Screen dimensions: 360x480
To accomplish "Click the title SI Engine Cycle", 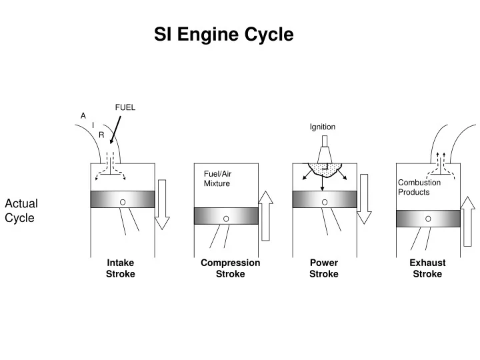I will (223, 34).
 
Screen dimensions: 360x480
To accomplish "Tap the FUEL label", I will (125, 107).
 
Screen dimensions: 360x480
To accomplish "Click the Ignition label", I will (323, 127).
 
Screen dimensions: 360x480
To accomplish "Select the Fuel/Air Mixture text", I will (218, 178).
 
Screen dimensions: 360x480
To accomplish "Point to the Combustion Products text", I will (419, 187).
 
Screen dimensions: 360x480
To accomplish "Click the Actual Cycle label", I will (21, 210).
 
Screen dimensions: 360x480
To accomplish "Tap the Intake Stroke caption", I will (121, 268).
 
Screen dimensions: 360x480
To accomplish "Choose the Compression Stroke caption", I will (230, 268).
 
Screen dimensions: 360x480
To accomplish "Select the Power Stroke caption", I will (324, 268).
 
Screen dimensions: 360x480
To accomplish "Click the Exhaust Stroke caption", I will (427, 268).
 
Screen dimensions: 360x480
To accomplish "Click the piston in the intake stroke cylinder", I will (123, 199).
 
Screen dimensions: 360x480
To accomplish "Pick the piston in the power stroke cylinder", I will (324, 199).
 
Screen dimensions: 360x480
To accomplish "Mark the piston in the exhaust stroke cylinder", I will (428, 218).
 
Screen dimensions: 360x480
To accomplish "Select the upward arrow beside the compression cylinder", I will (266, 215).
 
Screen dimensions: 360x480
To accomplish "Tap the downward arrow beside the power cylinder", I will (364, 199).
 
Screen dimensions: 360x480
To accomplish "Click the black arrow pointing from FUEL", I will (115, 130).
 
